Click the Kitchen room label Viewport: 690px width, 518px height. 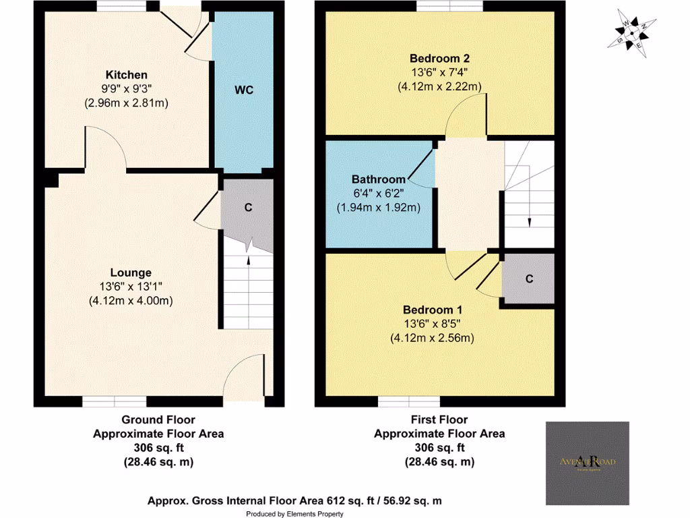pos(126,75)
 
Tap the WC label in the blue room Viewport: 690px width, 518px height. pos(244,90)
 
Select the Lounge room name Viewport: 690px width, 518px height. pos(131,273)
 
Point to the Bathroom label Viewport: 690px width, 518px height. pos(379,179)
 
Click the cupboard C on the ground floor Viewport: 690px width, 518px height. pos(248,208)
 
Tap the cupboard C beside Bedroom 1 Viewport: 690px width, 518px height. pos(529,278)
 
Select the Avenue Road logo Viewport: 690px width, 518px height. pos(587,462)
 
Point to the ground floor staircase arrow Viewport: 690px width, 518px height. pos(248,260)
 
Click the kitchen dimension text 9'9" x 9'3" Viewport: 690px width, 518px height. pos(126,89)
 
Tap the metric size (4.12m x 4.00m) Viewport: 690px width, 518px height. pos(131,301)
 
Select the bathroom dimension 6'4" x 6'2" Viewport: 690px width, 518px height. pos(379,194)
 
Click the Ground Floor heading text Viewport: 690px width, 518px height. pos(158,420)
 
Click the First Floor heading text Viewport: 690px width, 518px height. pos(439,420)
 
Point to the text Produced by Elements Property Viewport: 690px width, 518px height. pos(294,514)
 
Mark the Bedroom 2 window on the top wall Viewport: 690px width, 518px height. pos(449,6)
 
